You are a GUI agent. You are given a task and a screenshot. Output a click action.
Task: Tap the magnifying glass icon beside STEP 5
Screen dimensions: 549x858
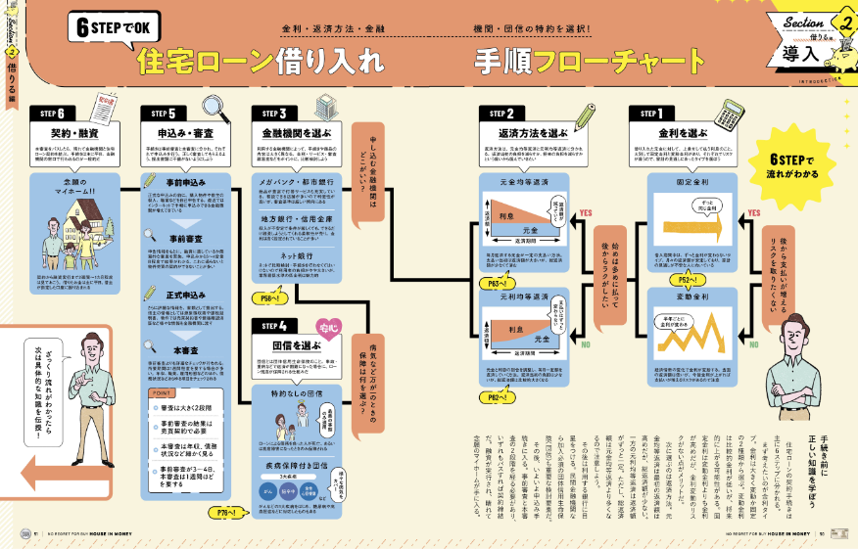207,105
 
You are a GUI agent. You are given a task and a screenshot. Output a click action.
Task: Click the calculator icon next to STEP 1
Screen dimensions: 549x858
723,108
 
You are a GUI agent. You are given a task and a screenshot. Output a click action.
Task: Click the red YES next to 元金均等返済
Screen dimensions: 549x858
587,212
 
